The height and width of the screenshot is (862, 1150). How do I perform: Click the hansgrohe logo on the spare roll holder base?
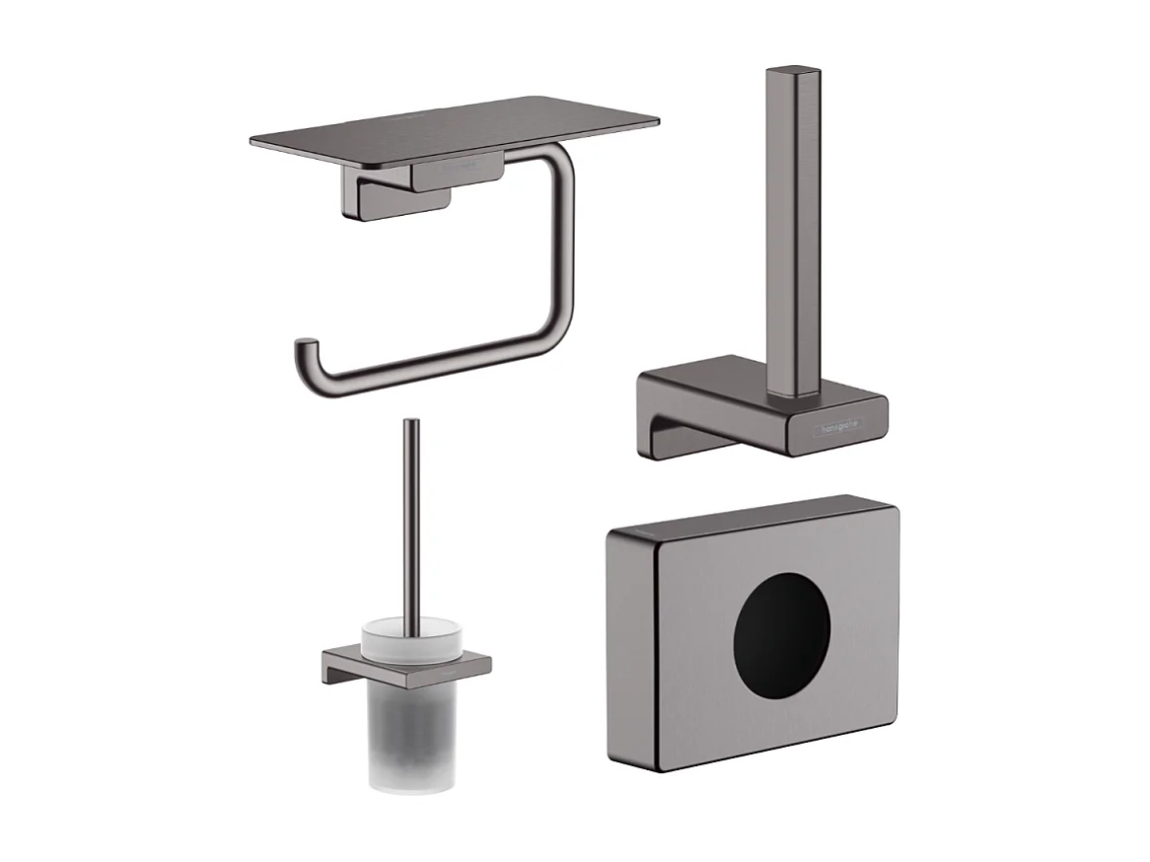point(836,425)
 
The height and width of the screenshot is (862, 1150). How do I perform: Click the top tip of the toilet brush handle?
point(410,424)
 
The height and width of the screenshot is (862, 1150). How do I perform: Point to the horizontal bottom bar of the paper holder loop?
point(434,370)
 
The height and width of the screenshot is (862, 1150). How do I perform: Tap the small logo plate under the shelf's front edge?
point(458,173)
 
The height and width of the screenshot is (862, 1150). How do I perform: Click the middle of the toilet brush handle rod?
point(411,523)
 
